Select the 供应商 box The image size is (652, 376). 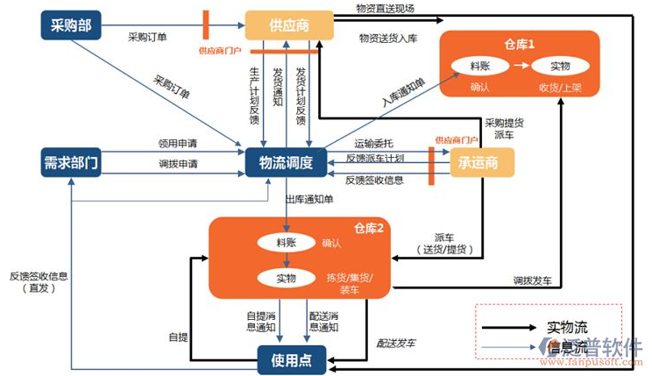tap(290, 25)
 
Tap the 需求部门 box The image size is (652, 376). tap(70, 163)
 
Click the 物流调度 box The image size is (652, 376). tap(286, 163)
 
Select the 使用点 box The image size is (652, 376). tap(290, 358)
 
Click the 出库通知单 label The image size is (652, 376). tap(309, 200)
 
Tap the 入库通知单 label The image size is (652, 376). tap(403, 94)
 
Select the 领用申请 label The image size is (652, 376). tap(177, 143)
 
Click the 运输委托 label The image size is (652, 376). tap(375, 142)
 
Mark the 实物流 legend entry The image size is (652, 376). tap(564, 327)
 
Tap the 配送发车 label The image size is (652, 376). tap(398, 344)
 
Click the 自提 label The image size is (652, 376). tap(178, 336)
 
